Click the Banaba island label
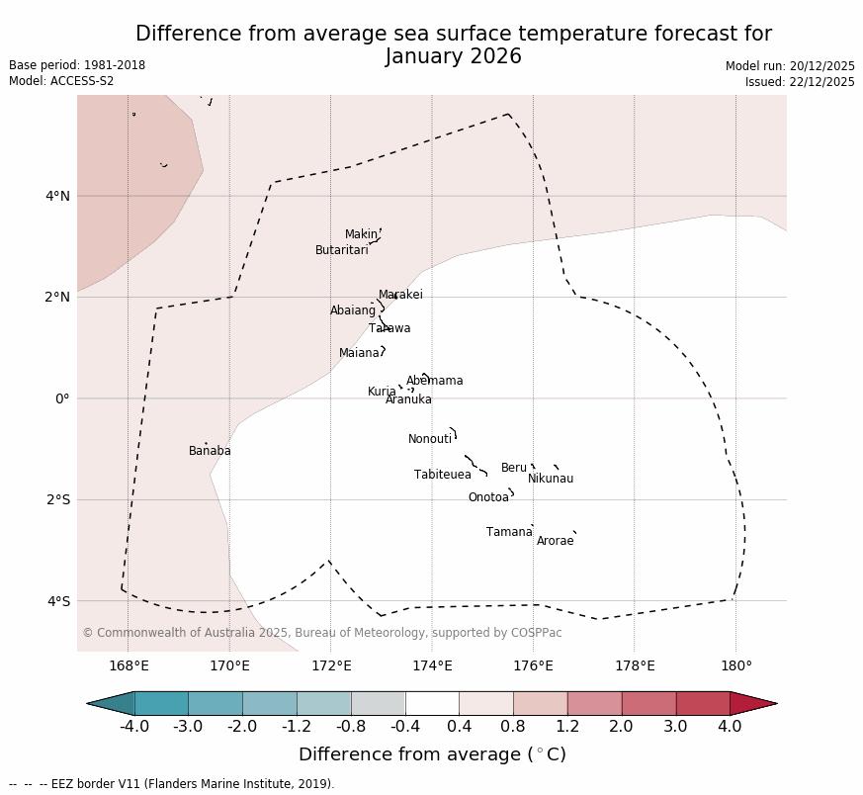[x=210, y=452]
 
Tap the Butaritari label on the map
[x=342, y=251]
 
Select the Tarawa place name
[x=389, y=329]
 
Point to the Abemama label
[x=435, y=382]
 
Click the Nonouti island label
[x=430, y=440]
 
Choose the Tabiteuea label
[x=443, y=476]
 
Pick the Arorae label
[x=556, y=542]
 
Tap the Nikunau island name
[x=551, y=480]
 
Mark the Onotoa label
[x=488, y=498]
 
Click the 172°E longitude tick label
[x=331, y=666]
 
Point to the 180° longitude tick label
[x=735, y=666]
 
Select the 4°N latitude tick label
[x=58, y=196]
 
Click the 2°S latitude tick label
[x=58, y=500]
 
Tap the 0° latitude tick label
[x=62, y=398]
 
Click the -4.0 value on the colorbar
[x=134, y=728]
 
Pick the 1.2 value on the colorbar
[x=567, y=728]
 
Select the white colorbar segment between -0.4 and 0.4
[x=432, y=704]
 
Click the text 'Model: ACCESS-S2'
[x=61, y=82]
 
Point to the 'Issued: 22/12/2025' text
[x=800, y=83]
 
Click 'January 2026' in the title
[x=453, y=57]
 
